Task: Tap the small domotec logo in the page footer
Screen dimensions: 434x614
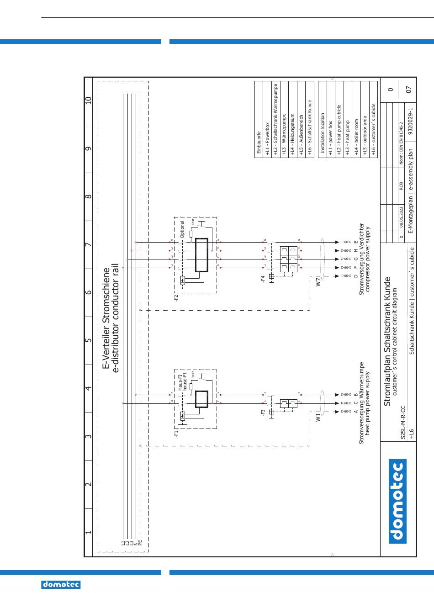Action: click(61, 584)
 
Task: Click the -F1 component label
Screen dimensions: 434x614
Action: click(176, 433)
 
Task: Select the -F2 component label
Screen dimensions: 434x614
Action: click(176, 299)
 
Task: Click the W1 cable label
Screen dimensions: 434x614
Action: click(318, 418)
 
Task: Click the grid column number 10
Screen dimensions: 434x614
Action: click(89, 101)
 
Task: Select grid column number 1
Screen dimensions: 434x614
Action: click(89, 532)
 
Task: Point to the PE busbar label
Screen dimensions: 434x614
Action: click(140, 543)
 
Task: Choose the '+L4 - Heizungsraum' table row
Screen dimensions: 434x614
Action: click(292, 135)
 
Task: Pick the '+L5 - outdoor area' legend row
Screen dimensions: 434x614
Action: click(365, 135)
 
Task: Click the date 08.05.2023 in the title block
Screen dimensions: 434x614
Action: click(401, 217)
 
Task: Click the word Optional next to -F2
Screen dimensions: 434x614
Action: click(182, 230)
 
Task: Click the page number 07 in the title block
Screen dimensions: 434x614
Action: click(409, 89)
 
